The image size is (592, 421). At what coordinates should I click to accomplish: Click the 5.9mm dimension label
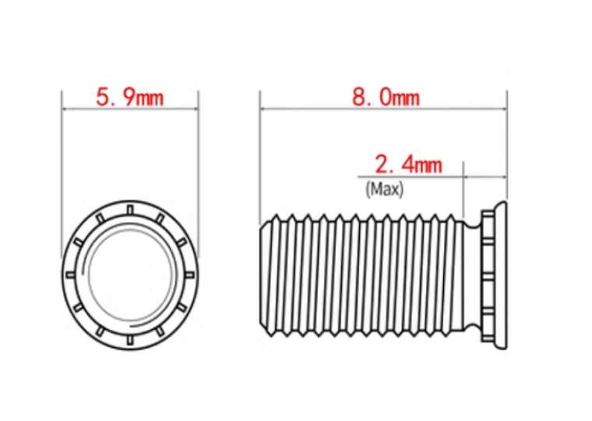click(x=130, y=97)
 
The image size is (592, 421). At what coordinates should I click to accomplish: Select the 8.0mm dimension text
click(x=386, y=97)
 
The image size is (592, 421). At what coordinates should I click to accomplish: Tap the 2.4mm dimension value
click(x=408, y=165)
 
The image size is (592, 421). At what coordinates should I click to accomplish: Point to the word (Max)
click(x=384, y=189)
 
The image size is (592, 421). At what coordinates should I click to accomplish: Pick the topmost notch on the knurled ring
click(x=130, y=210)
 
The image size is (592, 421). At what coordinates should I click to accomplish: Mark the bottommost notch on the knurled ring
click(x=130, y=340)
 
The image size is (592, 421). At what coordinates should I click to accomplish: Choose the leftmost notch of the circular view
click(x=70, y=274)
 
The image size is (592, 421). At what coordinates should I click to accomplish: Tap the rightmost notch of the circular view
click(x=190, y=274)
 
